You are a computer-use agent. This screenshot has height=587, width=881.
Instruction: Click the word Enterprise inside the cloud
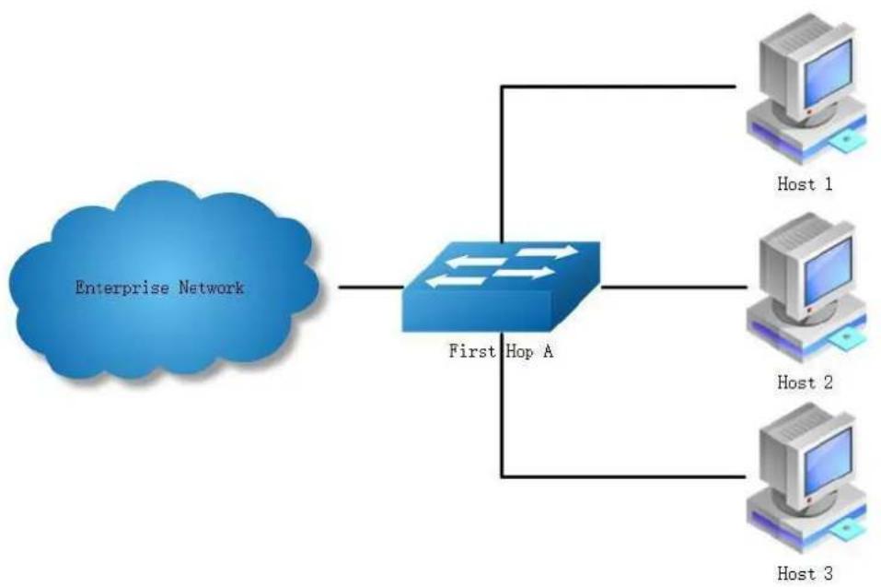click(122, 288)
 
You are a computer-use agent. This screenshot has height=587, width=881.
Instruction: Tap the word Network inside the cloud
click(211, 288)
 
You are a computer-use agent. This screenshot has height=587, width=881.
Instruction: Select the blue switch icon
click(501, 287)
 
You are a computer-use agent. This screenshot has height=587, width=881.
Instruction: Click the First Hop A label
click(501, 351)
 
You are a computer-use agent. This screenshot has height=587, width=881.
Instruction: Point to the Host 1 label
click(805, 184)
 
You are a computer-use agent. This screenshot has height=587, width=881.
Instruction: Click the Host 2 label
click(805, 382)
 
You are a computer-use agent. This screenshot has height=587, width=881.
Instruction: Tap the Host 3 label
click(805, 573)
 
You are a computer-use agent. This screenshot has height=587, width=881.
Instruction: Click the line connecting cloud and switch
click(371, 288)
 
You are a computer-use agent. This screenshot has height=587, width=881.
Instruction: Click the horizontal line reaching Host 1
click(618, 87)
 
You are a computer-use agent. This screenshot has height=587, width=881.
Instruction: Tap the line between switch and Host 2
click(674, 288)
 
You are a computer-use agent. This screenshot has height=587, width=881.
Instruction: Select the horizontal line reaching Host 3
click(623, 476)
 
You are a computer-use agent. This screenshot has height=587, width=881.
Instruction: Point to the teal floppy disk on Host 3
click(846, 530)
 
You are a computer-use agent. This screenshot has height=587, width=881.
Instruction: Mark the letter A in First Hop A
click(547, 351)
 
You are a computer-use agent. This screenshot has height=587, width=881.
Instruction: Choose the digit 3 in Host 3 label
click(828, 573)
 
